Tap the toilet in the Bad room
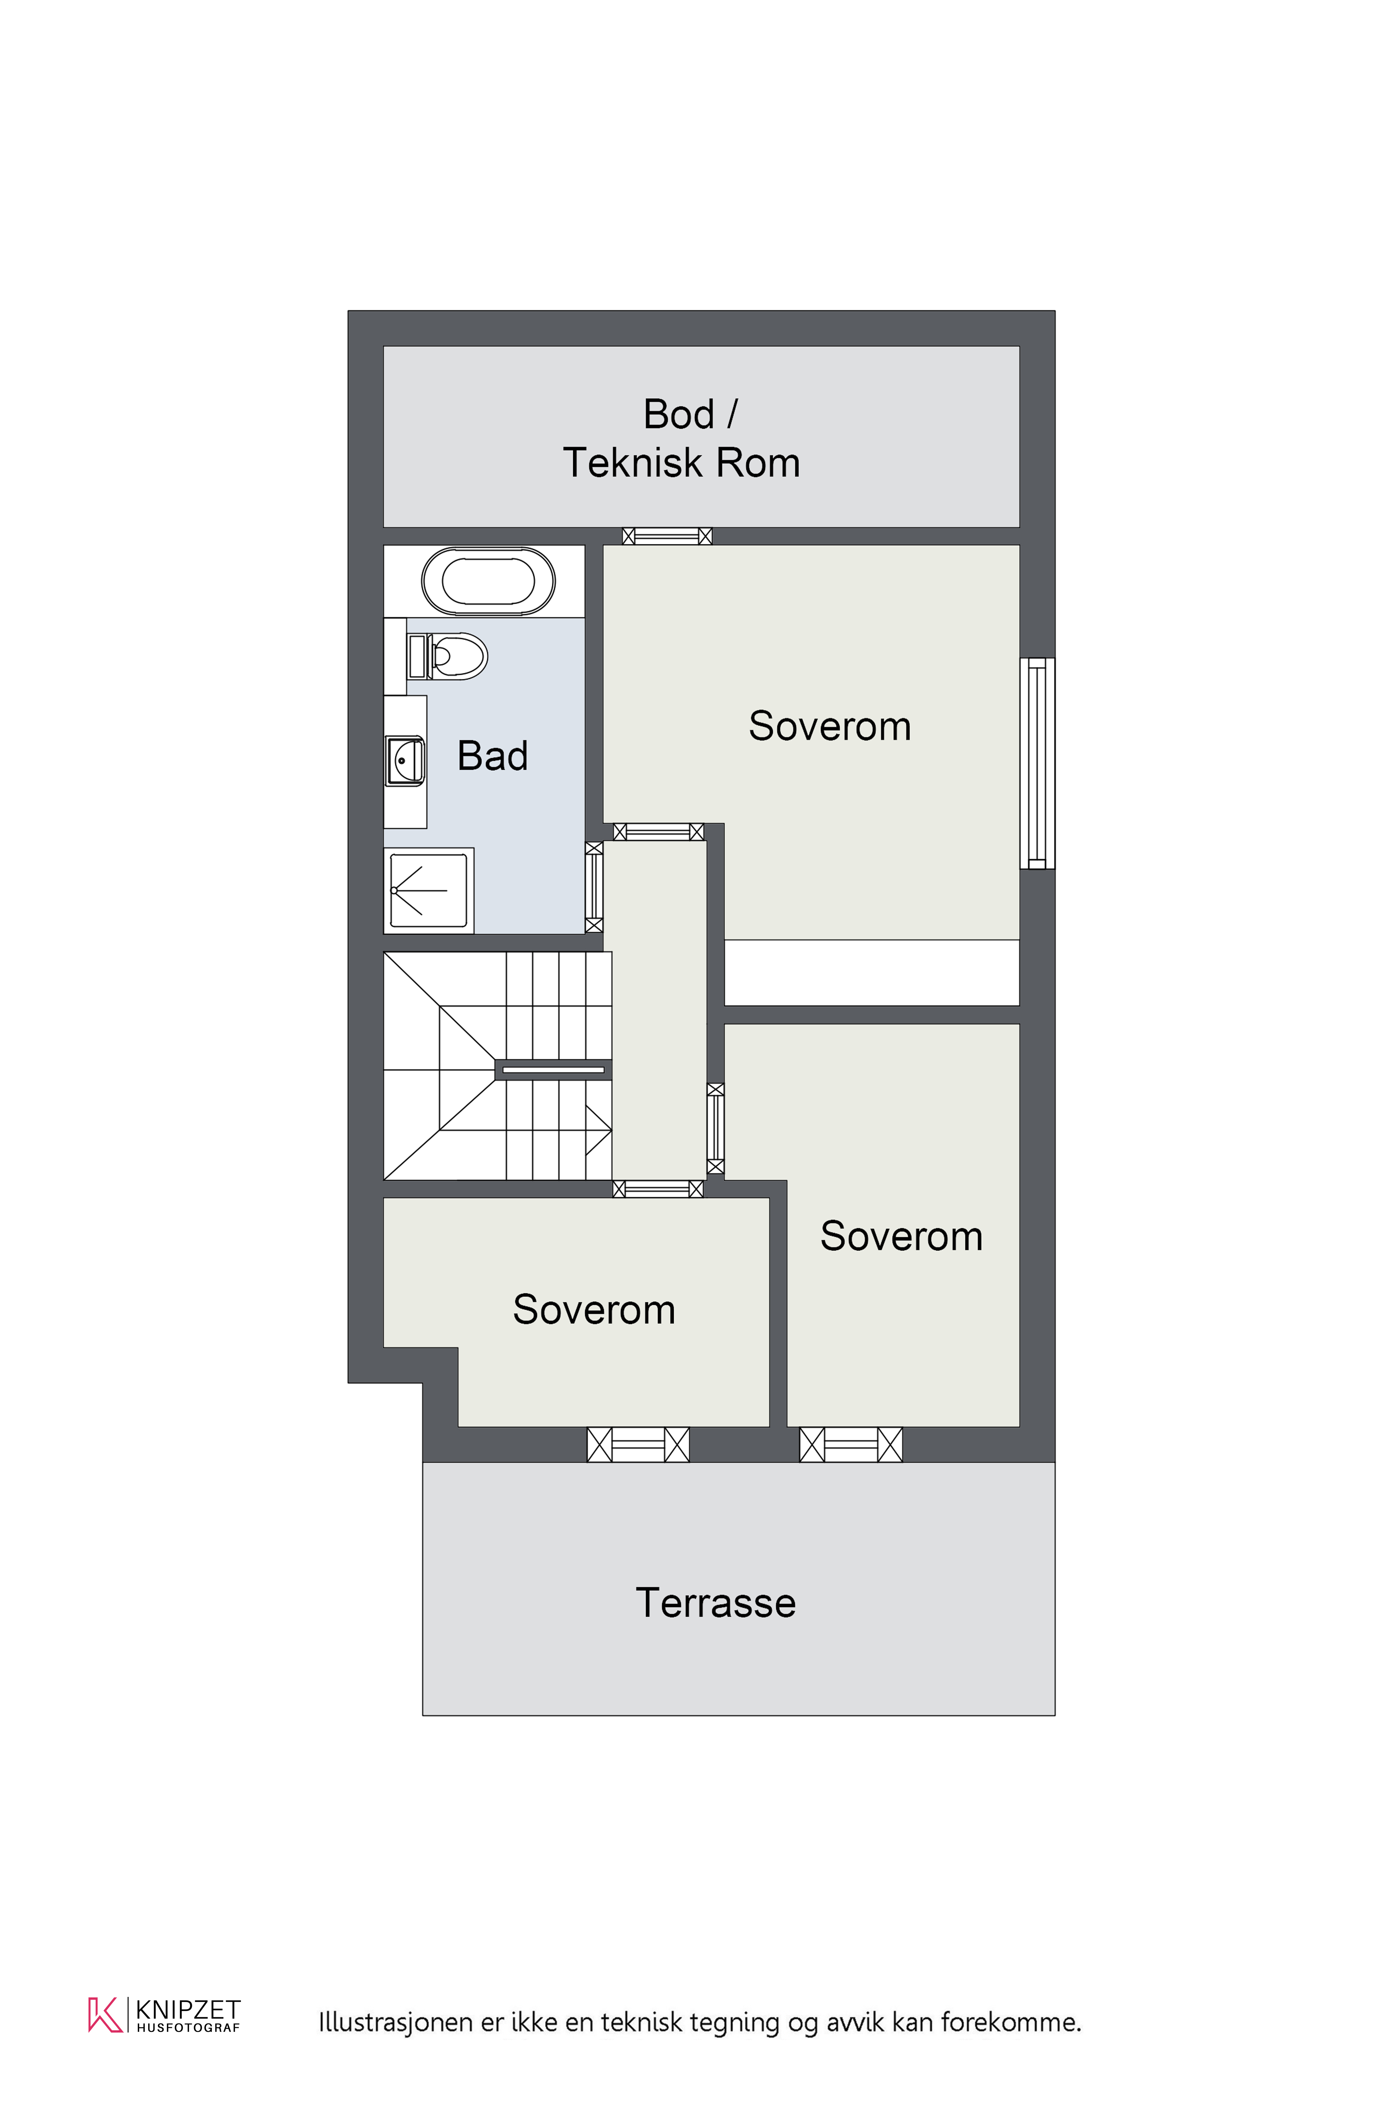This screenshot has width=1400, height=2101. (x=447, y=657)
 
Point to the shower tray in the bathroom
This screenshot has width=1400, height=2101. (x=428, y=891)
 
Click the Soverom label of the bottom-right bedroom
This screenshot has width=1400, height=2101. (x=901, y=1236)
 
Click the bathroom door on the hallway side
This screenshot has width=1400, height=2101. (x=594, y=887)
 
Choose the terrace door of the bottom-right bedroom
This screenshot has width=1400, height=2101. (x=851, y=1444)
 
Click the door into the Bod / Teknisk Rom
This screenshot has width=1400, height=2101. (x=667, y=536)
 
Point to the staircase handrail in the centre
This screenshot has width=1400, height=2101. (x=553, y=1069)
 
